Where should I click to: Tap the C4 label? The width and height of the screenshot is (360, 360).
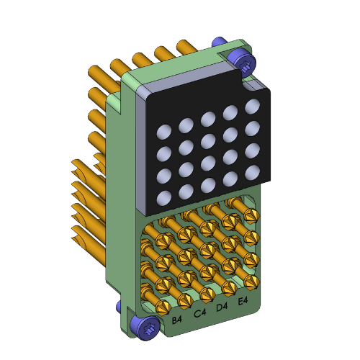tap(199, 312)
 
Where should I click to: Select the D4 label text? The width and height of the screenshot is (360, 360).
tap(222, 307)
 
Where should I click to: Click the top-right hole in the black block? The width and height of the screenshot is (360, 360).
tap(252, 107)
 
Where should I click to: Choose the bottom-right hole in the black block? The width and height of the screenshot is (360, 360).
tap(253, 171)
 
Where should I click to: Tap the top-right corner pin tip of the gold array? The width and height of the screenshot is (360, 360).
tap(252, 217)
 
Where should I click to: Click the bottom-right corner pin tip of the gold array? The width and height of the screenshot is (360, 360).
tap(251, 280)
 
